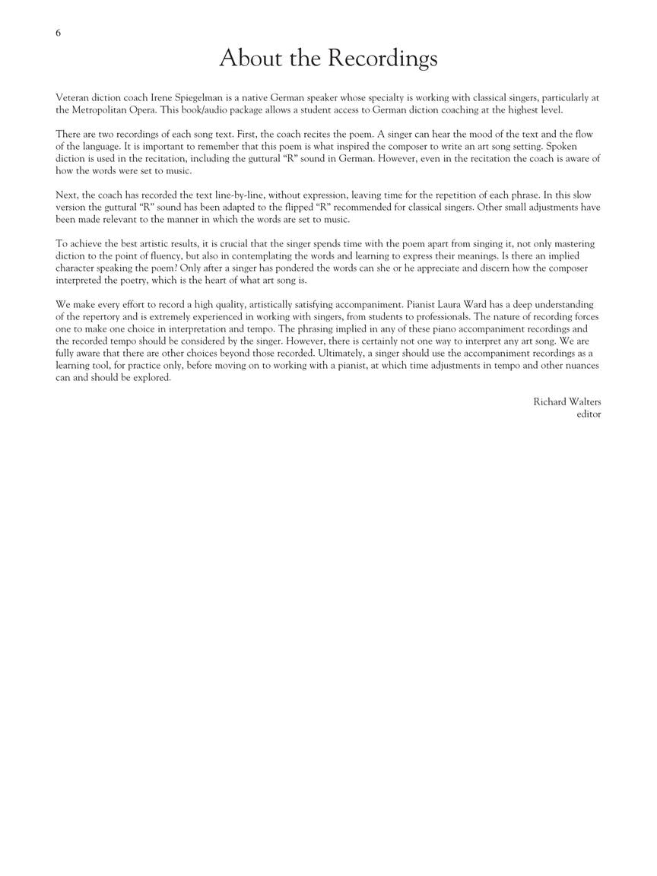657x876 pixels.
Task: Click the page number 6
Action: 59,33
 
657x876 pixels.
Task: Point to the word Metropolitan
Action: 100,109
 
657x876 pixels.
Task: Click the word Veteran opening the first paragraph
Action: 74,97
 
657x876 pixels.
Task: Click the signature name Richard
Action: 549,402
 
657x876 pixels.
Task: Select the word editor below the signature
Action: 589,414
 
